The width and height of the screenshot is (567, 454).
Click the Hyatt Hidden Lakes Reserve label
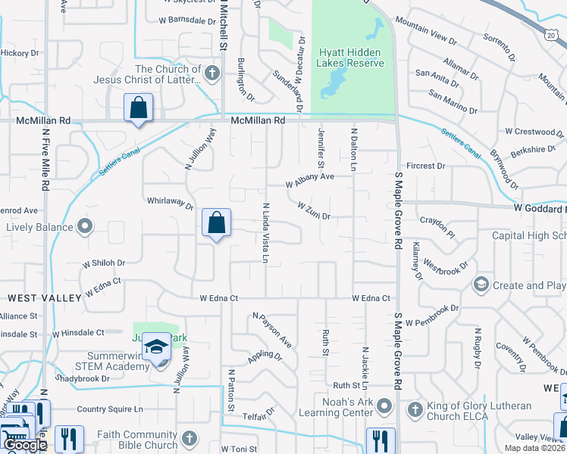click(352, 58)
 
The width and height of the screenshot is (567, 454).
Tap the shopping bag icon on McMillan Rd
click(139, 109)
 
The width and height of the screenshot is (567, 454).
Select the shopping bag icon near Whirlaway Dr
click(217, 224)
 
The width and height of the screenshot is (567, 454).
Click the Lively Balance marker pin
click(86, 226)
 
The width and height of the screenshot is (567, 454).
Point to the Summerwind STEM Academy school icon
click(157, 348)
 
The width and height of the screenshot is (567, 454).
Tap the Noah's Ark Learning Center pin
click(384, 407)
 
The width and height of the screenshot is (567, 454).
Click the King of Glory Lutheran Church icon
click(414, 411)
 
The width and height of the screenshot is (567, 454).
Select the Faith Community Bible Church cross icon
click(188, 438)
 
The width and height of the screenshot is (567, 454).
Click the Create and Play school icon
click(480, 285)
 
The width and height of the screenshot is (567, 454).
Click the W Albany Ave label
click(310, 181)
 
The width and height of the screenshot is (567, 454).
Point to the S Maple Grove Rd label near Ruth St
click(397, 351)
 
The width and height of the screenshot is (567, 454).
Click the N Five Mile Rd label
click(45, 160)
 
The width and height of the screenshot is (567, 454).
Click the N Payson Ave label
click(272, 331)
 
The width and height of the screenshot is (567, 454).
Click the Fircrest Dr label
click(426, 166)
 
